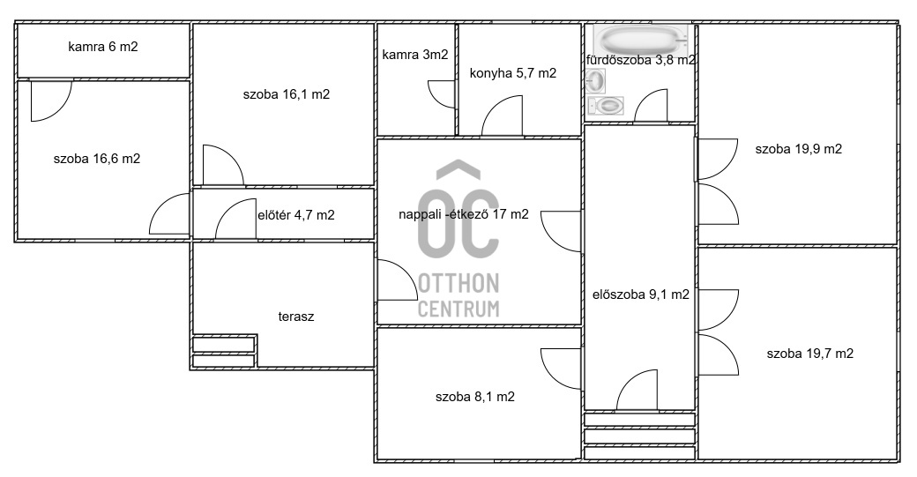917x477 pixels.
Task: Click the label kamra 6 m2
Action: click(x=102, y=48)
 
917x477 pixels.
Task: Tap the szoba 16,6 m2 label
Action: click(x=97, y=160)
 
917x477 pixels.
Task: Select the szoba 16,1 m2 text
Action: click(x=287, y=94)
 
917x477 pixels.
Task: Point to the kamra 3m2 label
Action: click(x=414, y=55)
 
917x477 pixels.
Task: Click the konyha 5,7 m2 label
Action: click(x=513, y=73)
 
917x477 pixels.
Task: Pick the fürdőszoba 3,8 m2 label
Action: click(x=641, y=61)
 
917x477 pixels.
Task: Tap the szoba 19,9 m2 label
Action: click(x=798, y=149)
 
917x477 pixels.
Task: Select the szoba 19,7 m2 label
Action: click(x=809, y=354)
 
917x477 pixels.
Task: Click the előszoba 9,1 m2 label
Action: click(x=640, y=295)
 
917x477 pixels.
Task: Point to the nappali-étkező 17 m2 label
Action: click(x=464, y=213)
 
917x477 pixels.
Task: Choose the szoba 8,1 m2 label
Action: click(x=475, y=397)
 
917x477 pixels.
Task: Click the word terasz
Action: click(x=295, y=316)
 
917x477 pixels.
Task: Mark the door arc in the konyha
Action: click(x=503, y=117)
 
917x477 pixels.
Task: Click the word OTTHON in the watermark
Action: click(x=458, y=283)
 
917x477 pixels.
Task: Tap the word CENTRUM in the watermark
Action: click(x=458, y=309)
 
